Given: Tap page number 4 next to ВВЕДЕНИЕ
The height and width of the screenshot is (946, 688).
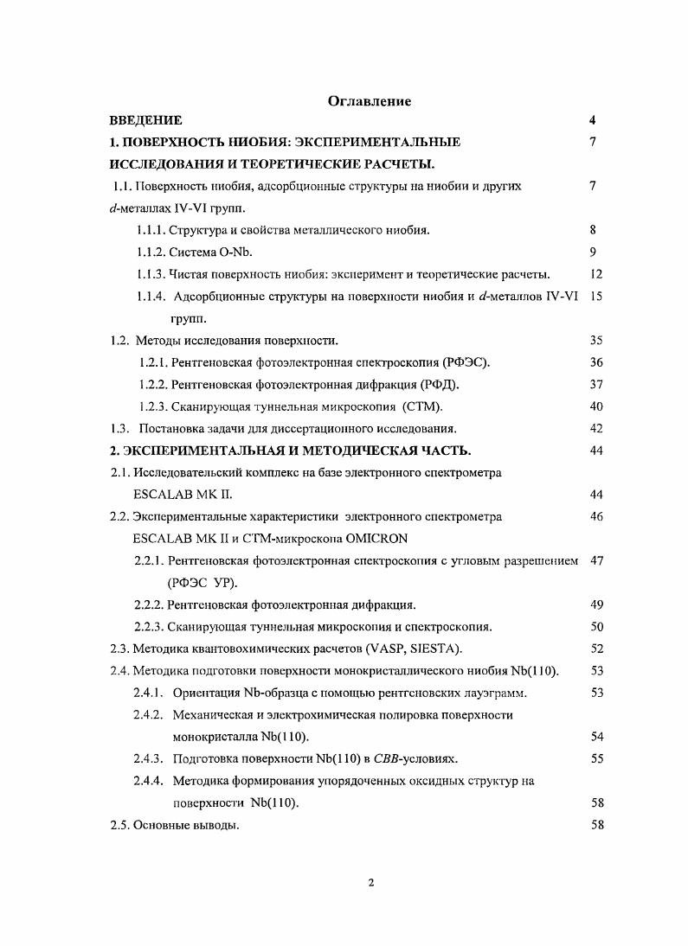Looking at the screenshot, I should tap(592, 120).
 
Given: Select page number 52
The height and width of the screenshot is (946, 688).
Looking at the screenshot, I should tap(595, 649).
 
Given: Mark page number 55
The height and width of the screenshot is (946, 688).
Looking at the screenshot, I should tap(595, 758).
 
